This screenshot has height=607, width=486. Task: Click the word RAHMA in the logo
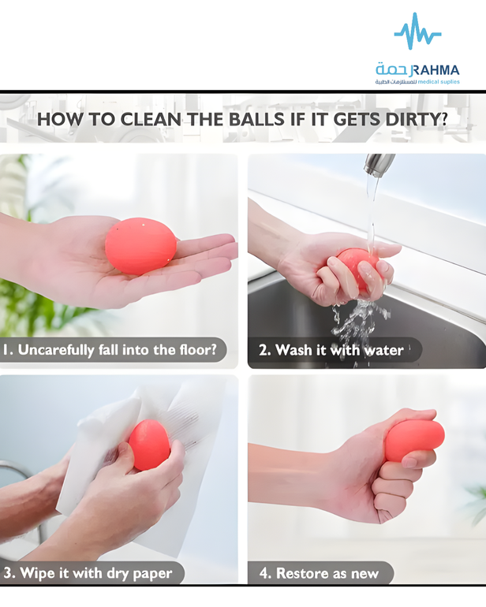pos(435,70)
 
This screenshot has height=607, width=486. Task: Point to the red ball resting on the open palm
pos(140,246)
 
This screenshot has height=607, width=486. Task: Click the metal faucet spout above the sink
pos(379,165)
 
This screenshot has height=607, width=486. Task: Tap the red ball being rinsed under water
pos(357,267)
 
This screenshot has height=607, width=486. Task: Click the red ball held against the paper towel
pos(149,445)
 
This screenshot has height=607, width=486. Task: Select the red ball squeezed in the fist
pos(415,441)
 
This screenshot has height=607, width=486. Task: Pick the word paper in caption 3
pos(152,574)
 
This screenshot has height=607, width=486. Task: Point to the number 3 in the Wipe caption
pos(8,573)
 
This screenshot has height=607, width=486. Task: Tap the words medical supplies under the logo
pos(439,82)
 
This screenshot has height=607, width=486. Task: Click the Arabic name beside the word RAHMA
pos(392,69)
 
